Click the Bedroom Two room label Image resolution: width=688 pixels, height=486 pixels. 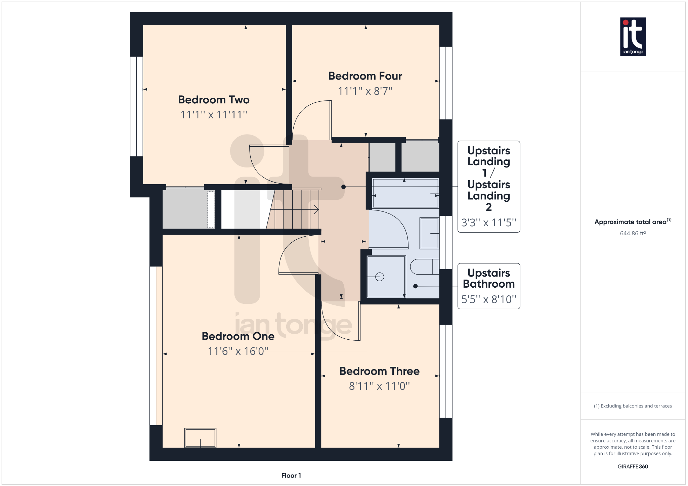click(214, 100)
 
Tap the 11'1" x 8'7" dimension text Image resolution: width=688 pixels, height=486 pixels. click(365, 91)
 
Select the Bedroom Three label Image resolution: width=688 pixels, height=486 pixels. click(379, 371)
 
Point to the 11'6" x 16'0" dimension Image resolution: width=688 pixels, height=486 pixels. click(238, 351)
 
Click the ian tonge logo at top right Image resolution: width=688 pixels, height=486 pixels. click(633, 37)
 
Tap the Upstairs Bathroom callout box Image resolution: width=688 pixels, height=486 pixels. click(488, 286)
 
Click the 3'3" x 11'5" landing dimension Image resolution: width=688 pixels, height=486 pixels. click(488, 223)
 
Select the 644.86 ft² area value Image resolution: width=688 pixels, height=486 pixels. click(633, 233)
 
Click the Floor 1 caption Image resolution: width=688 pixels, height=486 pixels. click(291, 475)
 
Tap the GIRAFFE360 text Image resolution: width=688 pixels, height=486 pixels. click(633, 467)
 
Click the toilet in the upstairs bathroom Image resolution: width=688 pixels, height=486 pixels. click(424, 267)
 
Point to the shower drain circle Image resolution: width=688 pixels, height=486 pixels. click(380, 277)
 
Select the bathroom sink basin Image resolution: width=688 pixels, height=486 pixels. click(429, 233)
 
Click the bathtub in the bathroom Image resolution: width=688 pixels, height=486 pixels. click(405, 193)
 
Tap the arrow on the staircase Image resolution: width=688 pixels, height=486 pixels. click(316, 209)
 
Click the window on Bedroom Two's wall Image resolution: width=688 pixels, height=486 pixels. click(136, 106)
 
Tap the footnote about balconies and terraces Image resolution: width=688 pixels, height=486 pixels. click(633, 406)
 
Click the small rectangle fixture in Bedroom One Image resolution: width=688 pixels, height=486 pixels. click(200, 438)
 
